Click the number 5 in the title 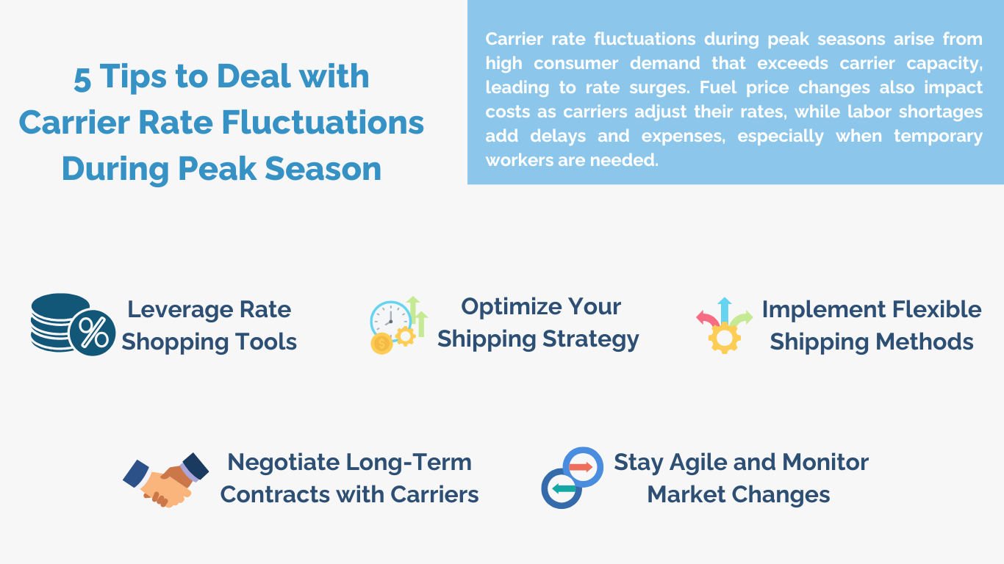tap(82, 78)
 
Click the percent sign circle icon tap(93, 333)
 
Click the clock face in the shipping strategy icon tap(390, 319)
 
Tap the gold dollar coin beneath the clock tap(381, 344)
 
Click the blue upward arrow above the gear tap(725, 309)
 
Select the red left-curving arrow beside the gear tap(706, 319)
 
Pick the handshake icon tap(165, 479)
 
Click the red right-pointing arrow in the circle tap(581, 467)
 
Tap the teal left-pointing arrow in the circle tap(564, 488)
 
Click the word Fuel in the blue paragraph tap(715, 87)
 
